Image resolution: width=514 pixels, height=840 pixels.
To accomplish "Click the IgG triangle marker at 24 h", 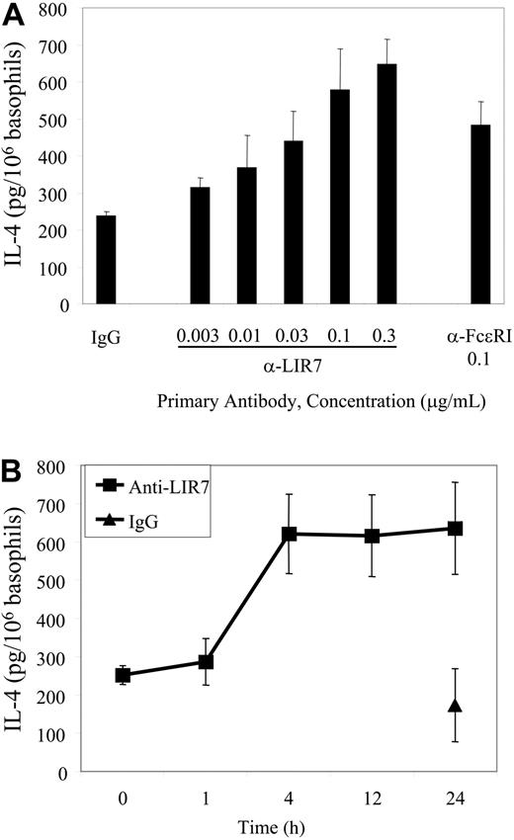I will pos(456,706).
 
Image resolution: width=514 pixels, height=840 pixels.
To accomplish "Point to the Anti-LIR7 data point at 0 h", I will pos(124,676).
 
